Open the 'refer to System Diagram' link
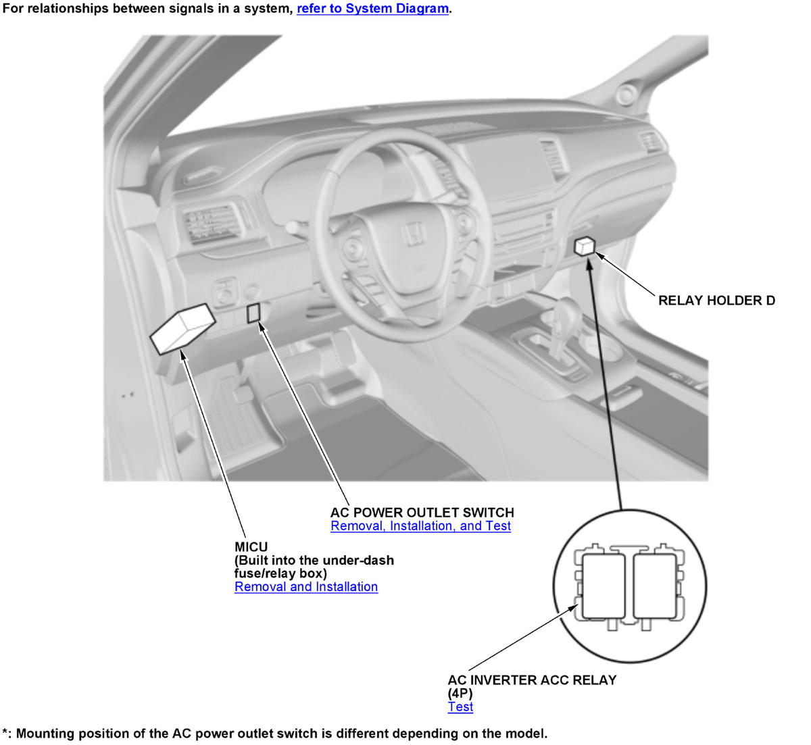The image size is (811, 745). click(372, 9)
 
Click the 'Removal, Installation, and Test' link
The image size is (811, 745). click(420, 526)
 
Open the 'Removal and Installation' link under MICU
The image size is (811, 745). click(306, 586)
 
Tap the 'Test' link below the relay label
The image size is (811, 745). click(460, 707)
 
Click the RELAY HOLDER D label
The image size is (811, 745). click(716, 301)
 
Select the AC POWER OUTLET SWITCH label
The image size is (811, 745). click(422, 513)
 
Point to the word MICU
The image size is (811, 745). click(251, 547)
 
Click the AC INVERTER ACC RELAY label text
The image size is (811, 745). click(532, 680)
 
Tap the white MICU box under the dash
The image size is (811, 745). click(182, 329)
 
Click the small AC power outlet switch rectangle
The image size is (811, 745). click(253, 313)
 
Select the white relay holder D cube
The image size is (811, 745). click(585, 246)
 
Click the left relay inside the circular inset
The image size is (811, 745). click(604, 587)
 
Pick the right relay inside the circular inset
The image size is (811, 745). click(655, 587)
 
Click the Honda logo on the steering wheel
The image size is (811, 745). click(414, 234)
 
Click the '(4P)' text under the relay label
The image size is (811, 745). click(460, 694)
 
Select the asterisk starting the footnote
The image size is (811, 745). click(5, 731)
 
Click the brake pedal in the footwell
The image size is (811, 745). click(243, 394)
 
